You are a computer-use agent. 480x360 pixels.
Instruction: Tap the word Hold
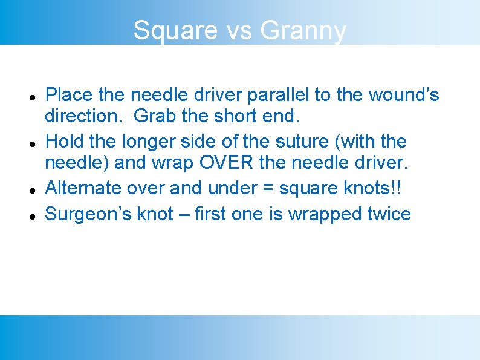click(x=65, y=142)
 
